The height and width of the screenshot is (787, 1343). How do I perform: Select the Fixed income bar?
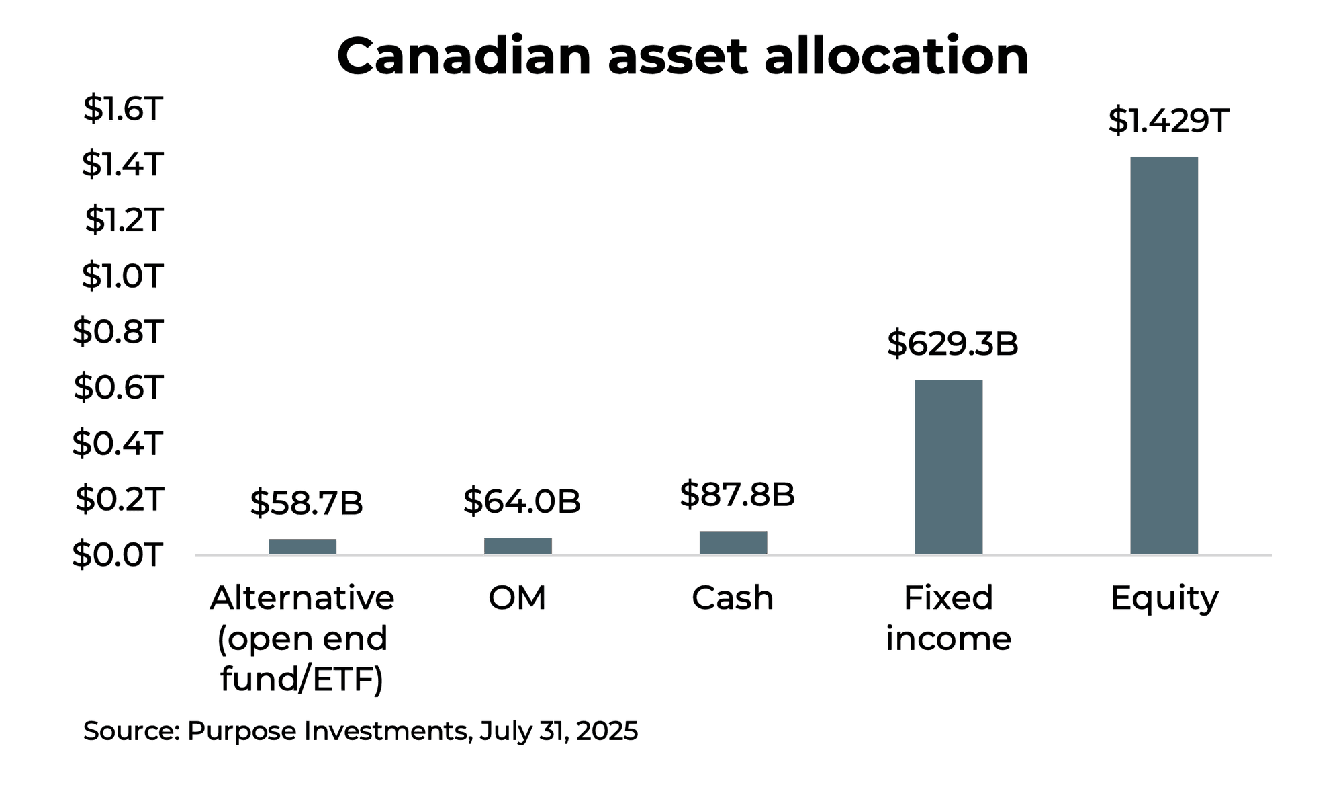pyautogui.click(x=948, y=467)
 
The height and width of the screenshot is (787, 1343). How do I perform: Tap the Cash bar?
pyautogui.click(x=733, y=542)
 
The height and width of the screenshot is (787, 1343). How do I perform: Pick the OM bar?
pyautogui.click(x=518, y=546)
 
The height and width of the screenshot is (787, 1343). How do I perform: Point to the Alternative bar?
pyautogui.click(x=302, y=546)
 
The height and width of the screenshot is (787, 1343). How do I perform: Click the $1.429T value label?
pyautogui.click(x=1168, y=121)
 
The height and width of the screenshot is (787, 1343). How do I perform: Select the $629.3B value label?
pyautogui.click(x=952, y=343)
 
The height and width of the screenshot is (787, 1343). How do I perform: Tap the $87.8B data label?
pyautogui.click(x=737, y=495)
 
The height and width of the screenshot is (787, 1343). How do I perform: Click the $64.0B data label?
pyautogui.click(x=521, y=501)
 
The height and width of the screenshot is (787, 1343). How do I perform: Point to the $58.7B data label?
pyautogui.click(x=306, y=503)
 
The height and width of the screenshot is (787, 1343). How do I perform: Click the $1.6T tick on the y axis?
pyautogui.click(x=123, y=109)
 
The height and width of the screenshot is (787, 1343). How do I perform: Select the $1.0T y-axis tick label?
pyautogui.click(x=122, y=276)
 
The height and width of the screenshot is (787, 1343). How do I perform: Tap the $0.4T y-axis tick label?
pyautogui.click(x=118, y=444)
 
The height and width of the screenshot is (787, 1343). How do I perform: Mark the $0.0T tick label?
pyautogui.click(x=118, y=555)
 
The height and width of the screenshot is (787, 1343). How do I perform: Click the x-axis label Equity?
pyautogui.click(x=1164, y=598)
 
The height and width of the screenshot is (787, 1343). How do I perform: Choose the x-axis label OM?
pyautogui.click(x=517, y=597)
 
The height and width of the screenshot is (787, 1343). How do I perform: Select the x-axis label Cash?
pyautogui.click(x=733, y=597)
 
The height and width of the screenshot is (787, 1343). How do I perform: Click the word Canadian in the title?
pyautogui.click(x=463, y=56)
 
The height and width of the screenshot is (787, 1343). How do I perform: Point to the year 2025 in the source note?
pyautogui.click(x=606, y=731)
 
